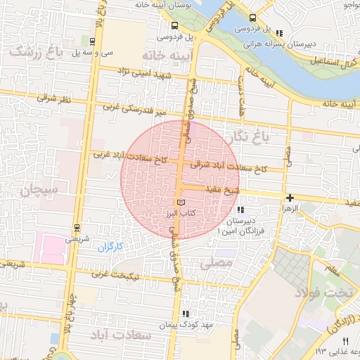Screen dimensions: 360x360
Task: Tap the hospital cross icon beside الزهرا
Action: (x=290, y=198)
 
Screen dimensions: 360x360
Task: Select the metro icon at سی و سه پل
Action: (x=92, y=41)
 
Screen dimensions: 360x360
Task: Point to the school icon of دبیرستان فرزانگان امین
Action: (x=240, y=210)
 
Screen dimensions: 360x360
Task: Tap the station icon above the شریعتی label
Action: (x=77, y=227)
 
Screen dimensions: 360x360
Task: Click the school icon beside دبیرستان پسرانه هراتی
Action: (x=280, y=32)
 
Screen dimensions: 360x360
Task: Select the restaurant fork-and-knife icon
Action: (x=345, y=341)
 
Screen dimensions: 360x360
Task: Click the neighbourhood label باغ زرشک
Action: (x=32, y=52)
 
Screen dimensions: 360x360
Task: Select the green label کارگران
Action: (x=110, y=247)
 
